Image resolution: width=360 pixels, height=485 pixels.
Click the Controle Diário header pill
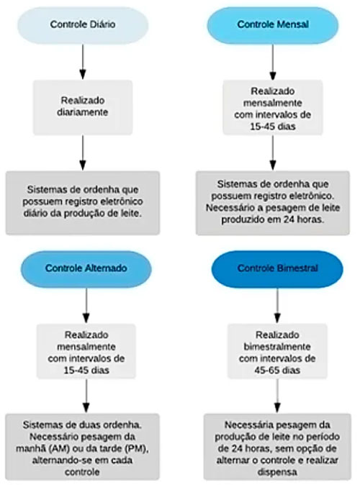tap(83, 25)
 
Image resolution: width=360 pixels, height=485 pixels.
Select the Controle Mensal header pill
tap(273, 25)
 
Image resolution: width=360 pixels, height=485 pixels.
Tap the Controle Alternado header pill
tap(86, 268)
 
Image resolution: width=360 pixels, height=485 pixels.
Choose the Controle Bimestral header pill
tap(277, 268)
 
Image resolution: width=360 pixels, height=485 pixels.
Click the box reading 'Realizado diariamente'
tap(83, 107)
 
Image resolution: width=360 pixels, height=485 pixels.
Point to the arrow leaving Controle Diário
tap(83, 62)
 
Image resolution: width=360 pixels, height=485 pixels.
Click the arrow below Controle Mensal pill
tap(273, 62)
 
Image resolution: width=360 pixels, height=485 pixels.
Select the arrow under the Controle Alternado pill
tap(86, 306)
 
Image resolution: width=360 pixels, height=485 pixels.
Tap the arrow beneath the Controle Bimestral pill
tap(277, 306)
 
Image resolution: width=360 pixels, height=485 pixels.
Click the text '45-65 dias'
tap(277, 371)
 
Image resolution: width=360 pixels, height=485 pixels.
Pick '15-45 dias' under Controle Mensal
tap(273, 127)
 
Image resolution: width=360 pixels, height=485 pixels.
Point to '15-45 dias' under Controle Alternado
tap(86, 371)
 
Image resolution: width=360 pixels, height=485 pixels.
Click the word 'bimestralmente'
tap(277, 347)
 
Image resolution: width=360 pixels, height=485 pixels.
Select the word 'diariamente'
tap(83, 112)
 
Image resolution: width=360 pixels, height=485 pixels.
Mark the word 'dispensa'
tap(277, 472)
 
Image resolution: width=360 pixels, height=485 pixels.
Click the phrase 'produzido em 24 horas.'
tap(273, 219)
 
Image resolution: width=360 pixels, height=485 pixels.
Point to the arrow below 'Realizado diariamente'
tap(83, 153)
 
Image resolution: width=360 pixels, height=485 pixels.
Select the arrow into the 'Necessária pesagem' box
tap(277, 396)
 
